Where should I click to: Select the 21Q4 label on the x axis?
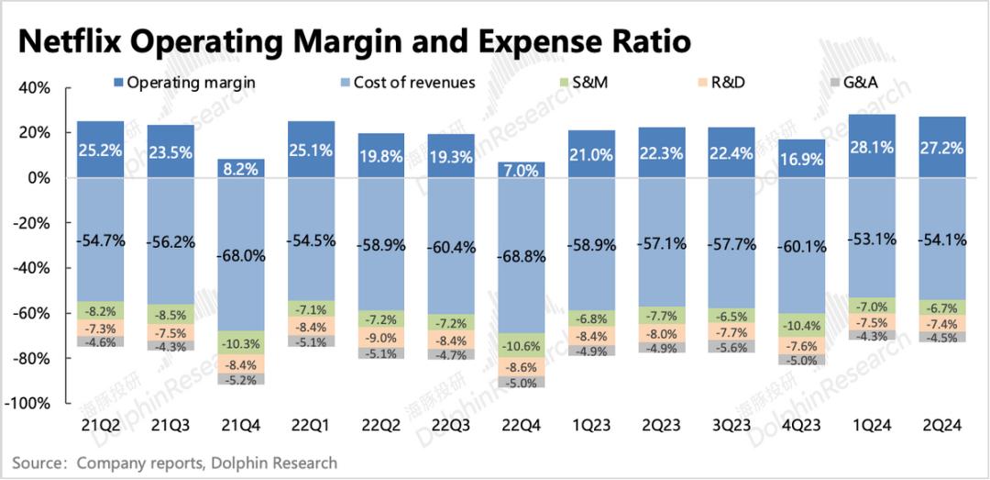pos(241,428)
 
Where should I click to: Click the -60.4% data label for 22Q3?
pos(452,248)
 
